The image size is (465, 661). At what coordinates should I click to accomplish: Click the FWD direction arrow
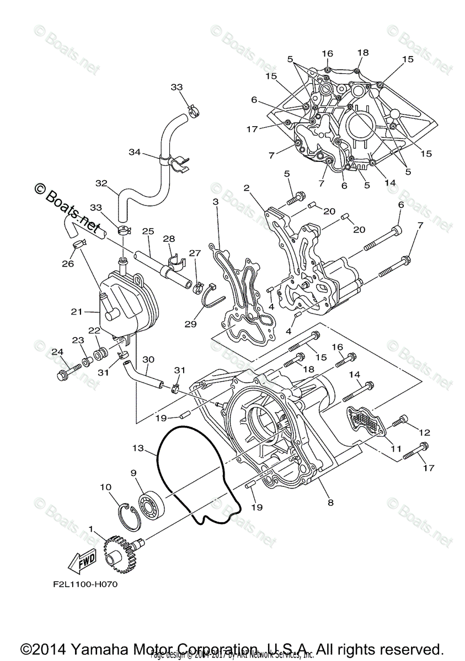pos(81,562)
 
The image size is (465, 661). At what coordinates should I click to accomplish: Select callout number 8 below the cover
pos(330,502)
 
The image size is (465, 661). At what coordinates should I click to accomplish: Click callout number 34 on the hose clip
pos(135,152)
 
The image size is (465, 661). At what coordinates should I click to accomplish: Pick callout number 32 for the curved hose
pos(101,183)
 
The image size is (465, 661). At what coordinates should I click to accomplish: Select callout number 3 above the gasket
pos(216,203)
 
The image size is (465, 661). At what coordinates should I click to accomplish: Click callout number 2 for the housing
pos(247,188)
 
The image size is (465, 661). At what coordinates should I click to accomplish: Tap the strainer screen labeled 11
pos(366,421)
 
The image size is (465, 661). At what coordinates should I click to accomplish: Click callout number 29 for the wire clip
pos(190,324)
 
